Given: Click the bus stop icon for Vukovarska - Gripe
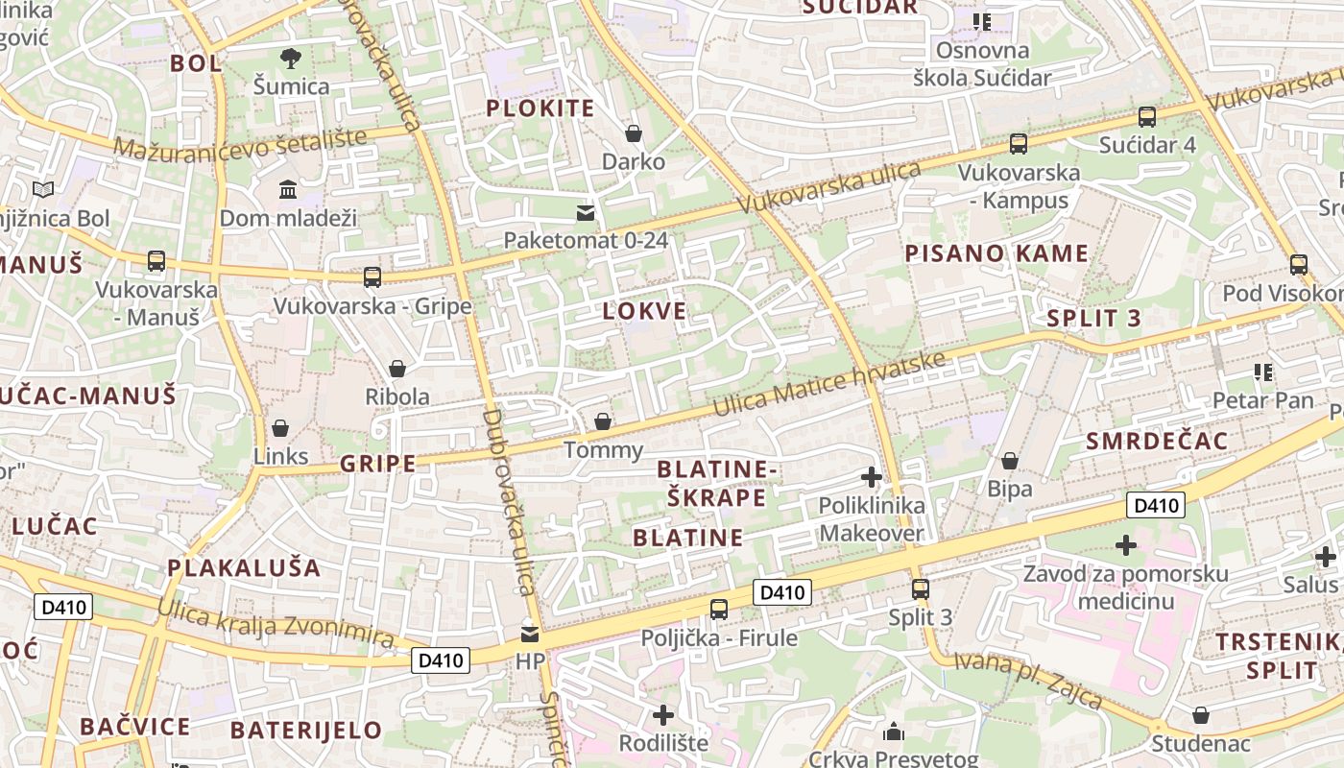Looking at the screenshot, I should pyautogui.click(x=372, y=277).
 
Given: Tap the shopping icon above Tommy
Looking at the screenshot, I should pyautogui.click(x=602, y=421).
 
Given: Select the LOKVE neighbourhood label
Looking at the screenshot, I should pyautogui.click(x=644, y=311).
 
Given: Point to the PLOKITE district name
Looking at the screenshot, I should pyautogui.click(x=540, y=108).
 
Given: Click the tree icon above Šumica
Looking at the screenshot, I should pyautogui.click(x=291, y=59).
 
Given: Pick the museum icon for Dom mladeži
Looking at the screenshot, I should pyautogui.click(x=288, y=189).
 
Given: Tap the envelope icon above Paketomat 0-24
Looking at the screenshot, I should pyautogui.click(x=586, y=212).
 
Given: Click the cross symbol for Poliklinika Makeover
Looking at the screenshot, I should pyautogui.click(x=872, y=476).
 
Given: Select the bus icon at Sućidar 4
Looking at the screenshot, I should pyautogui.click(x=1147, y=117).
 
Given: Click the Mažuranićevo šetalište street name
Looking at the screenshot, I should pyautogui.click(x=240, y=143).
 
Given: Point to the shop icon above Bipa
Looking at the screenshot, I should pyautogui.click(x=1010, y=462).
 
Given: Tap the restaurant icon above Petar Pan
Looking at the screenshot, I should pyautogui.click(x=1262, y=372).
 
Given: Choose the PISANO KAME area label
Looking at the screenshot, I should pyautogui.click(x=996, y=253).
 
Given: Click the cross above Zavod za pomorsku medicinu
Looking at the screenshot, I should pyautogui.click(x=1126, y=545).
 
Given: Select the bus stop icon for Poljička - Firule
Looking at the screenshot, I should pyautogui.click(x=718, y=609).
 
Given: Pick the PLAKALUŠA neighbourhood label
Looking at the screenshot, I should pyautogui.click(x=244, y=567).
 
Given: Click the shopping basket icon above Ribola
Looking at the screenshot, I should pyautogui.click(x=397, y=369).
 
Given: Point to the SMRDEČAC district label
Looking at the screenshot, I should pyautogui.click(x=1157, y=441).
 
